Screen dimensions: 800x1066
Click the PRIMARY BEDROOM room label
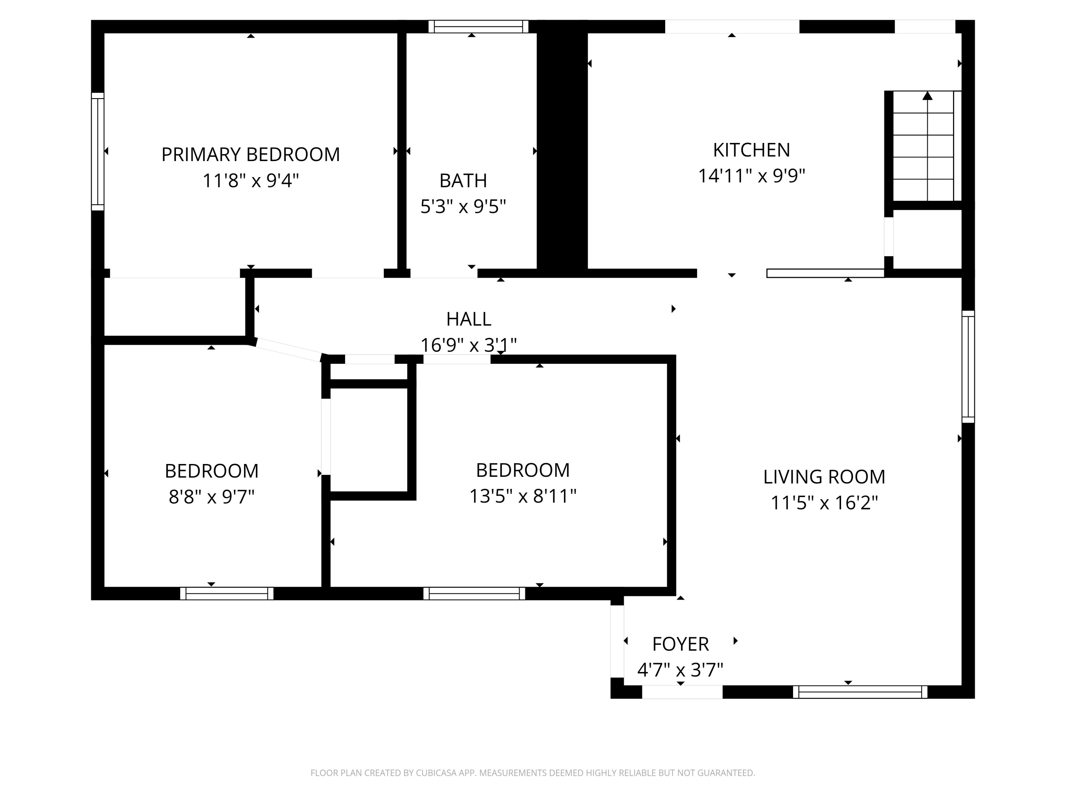click(251, 155)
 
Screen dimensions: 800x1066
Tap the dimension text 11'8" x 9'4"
click(251, 181)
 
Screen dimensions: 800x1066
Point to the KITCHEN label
click(751, 150)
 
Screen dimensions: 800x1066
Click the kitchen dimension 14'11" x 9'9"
click(751, 176)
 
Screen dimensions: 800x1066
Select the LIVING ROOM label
click(824, 477)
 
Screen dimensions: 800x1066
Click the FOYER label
click(680, 644)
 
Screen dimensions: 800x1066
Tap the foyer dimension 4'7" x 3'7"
click(680, 670)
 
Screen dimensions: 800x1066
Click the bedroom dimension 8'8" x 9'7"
click(211, 497)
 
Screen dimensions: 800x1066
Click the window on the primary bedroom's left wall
click(98, 151)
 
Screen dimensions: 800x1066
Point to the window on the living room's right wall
click(968, 367)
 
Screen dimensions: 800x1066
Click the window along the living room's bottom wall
click(860, 692)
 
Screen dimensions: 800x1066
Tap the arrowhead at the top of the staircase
click(927, 96)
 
